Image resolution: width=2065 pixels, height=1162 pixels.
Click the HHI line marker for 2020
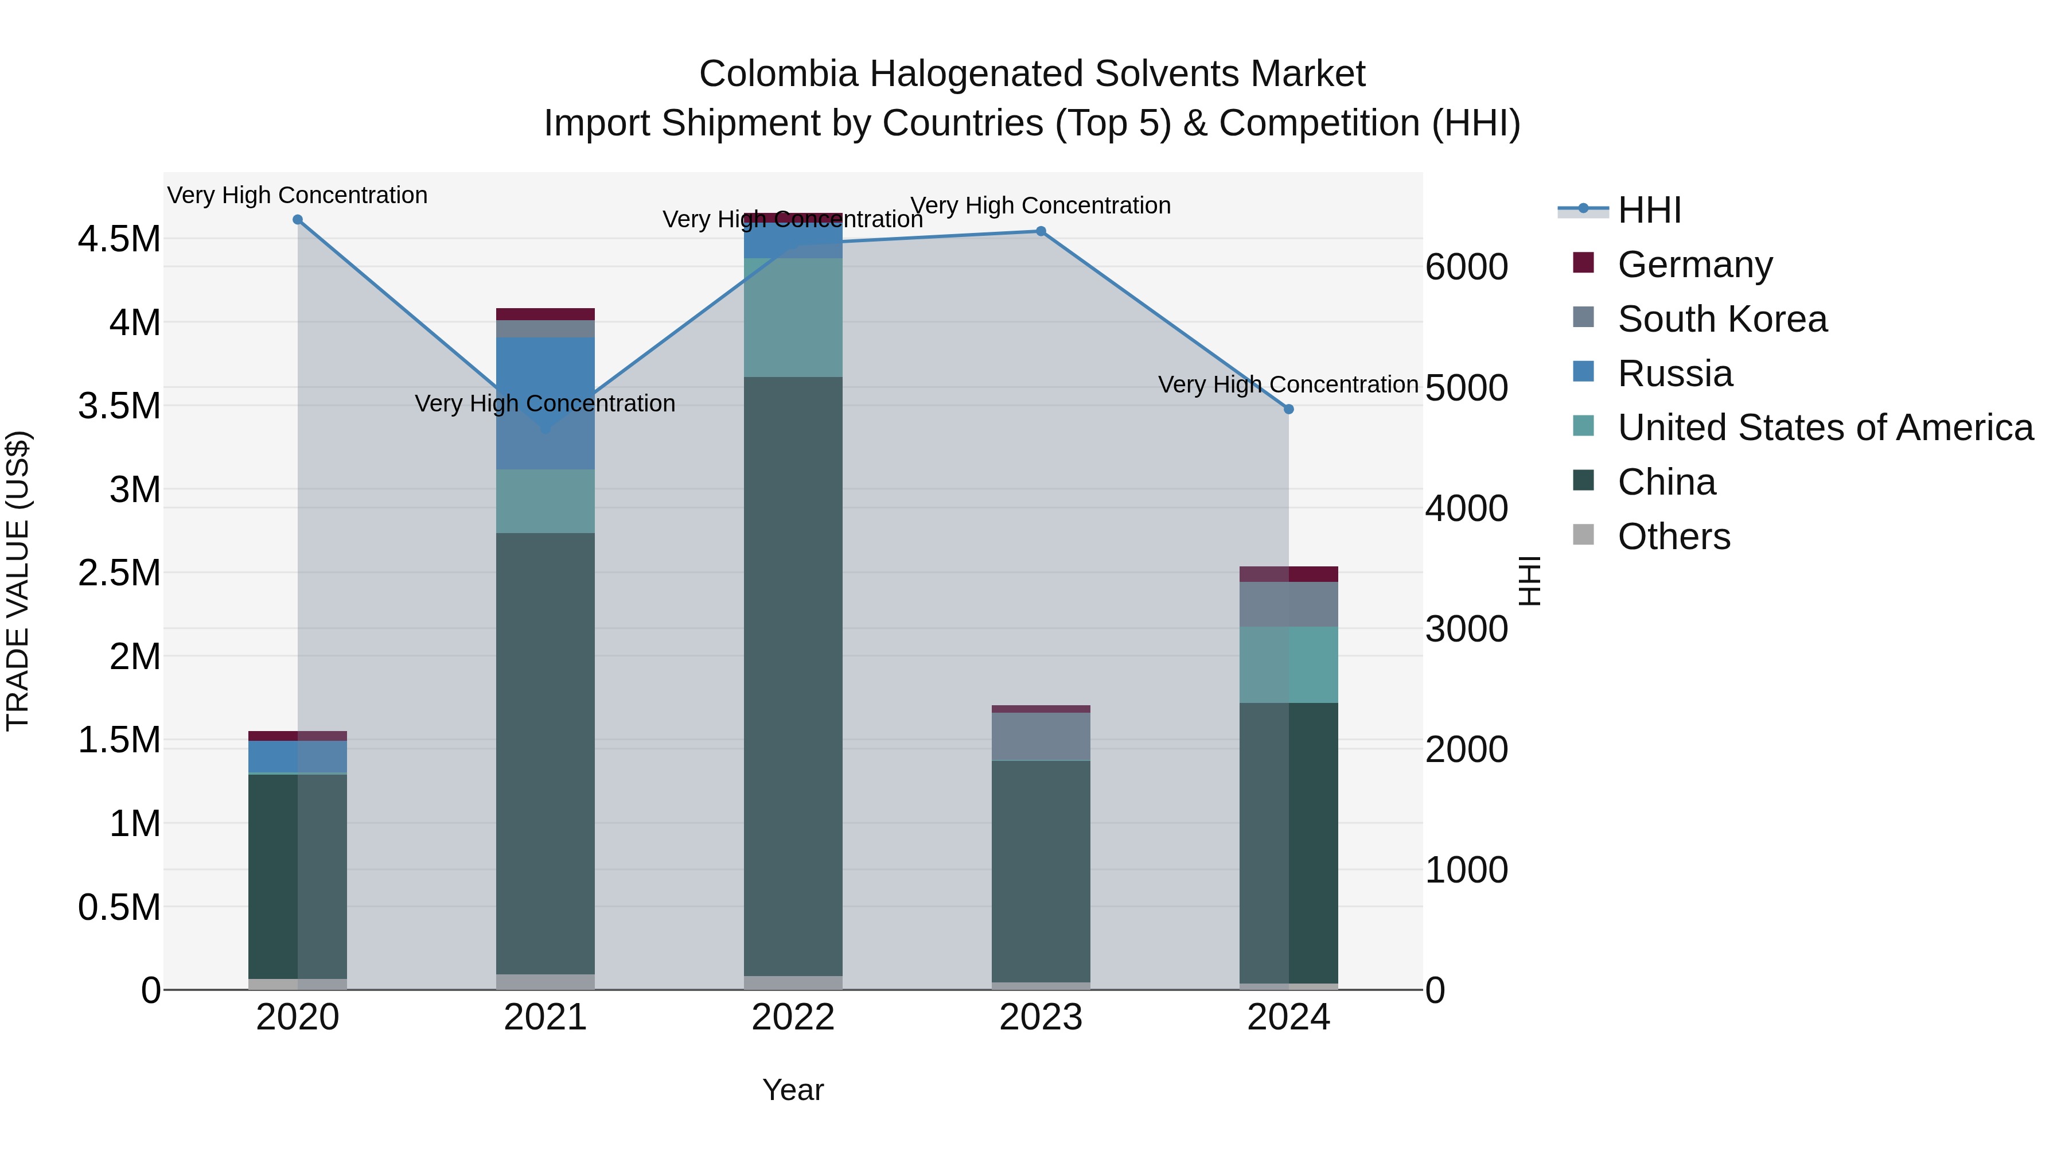(x=297, y=220)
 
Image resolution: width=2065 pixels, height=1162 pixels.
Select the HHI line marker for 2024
(x=1289, y=409)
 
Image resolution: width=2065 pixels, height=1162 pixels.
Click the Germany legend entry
(x=1694, y=265)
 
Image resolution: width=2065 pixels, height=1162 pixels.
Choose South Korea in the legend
(x=1722, y=319)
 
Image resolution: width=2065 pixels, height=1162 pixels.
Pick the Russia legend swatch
(x=1583, y=372)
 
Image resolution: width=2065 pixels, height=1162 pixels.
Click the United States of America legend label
(x=1825, y=428)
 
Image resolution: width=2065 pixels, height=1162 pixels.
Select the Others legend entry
(x=1674, y=537)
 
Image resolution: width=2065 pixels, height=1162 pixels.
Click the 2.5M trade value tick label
(x=119, y=573)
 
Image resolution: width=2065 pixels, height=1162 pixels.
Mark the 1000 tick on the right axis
(x=1466, y=870)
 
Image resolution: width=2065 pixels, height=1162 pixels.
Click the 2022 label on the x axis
(x=793, y=1017)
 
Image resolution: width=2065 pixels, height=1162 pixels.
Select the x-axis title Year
(x=793, y=1090)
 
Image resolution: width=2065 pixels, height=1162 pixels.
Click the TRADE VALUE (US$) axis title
(x=18, y=581)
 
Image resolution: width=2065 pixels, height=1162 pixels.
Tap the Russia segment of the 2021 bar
(x=545, y=403)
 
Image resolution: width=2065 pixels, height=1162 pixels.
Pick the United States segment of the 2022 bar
(x=793, y=317)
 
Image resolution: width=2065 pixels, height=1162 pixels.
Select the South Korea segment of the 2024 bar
(x=1289, y=604)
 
